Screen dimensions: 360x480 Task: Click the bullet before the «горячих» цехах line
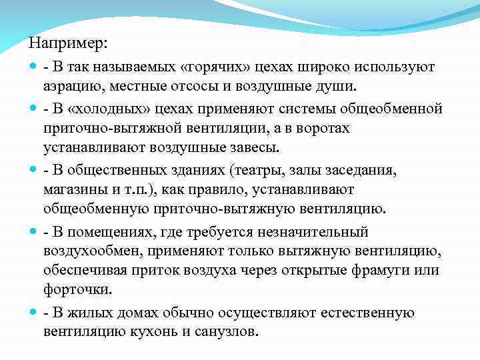tap(33, 67)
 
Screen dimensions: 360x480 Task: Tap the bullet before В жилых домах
tap(33, 312)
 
